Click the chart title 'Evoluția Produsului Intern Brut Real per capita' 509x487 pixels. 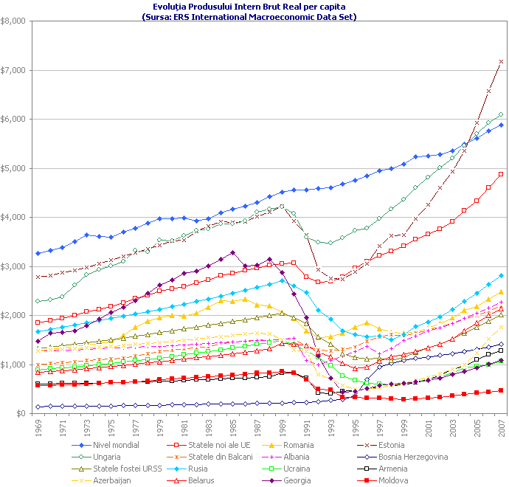(x=254, y=6)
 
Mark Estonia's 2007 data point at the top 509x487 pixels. (x=501, y=61)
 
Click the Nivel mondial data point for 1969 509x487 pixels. (x=38, y=253)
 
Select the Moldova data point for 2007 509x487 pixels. (x=501, y=390)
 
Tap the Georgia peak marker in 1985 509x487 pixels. (x=233, y=252)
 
